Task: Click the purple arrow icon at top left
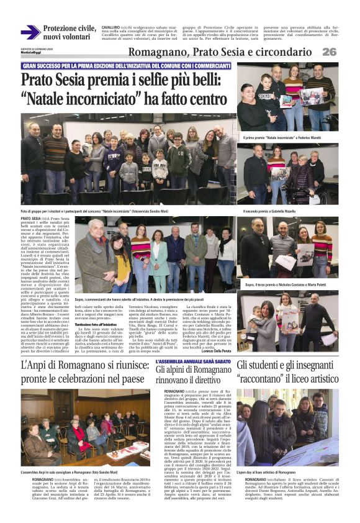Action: click(x=30, y=32)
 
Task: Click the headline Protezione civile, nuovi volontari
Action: click(x=70, y=32)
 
